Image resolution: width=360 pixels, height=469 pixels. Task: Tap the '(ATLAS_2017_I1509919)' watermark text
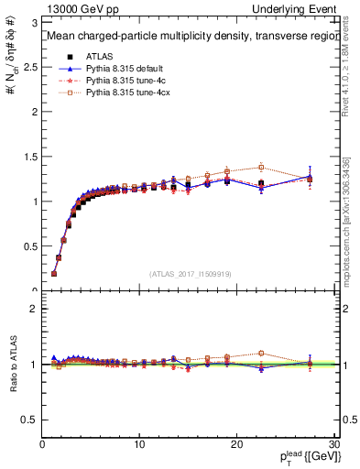coord(189,273)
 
